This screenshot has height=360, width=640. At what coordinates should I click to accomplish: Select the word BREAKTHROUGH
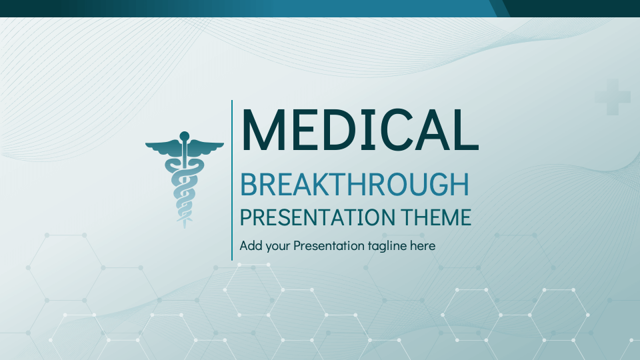[x=354, y=185]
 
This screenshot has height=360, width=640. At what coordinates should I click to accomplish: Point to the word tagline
[x=387, y=245]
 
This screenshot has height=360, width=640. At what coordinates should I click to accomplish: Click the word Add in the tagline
[x=251, y=245]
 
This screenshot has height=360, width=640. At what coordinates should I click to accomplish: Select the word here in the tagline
[x=423, y=245]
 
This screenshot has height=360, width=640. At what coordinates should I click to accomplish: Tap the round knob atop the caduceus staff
[x=185, y=137]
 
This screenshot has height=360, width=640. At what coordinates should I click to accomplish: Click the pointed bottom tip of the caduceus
[x=185, y=225]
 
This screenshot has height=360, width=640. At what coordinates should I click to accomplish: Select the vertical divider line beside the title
[x=232, y=180]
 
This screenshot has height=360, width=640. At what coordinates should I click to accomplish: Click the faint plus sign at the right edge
[x=612, y=97]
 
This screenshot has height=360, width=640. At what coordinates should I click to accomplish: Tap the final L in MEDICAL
[x=467, y=130]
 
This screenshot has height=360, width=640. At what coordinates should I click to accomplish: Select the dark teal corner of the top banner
[x=573, y=8]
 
